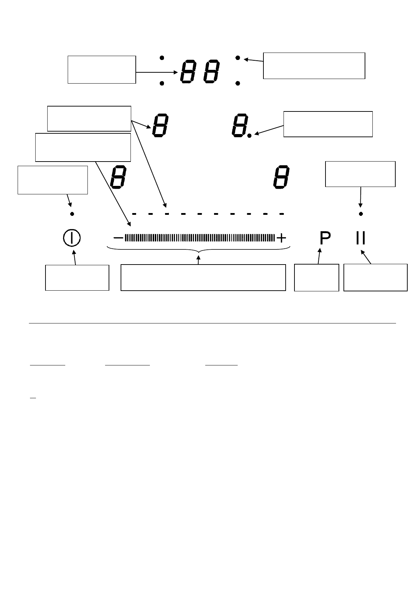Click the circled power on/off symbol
[x=72, y=238]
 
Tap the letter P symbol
[x=325, y=238]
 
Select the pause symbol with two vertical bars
[x=360, y=238]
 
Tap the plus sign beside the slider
[x=281, y=238]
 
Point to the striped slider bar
[x=200, y=238]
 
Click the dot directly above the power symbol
[x=72, y=213]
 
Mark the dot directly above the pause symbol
[x=360, y=213]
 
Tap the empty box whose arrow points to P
[x=316, y=277]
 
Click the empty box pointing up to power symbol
[x=77, y=278]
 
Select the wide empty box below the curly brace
[x=203, y=278]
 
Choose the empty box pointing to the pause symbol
[x=375, y=277]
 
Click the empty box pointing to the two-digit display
[x=102, y=69]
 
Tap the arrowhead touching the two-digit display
[x=175, y=72]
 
